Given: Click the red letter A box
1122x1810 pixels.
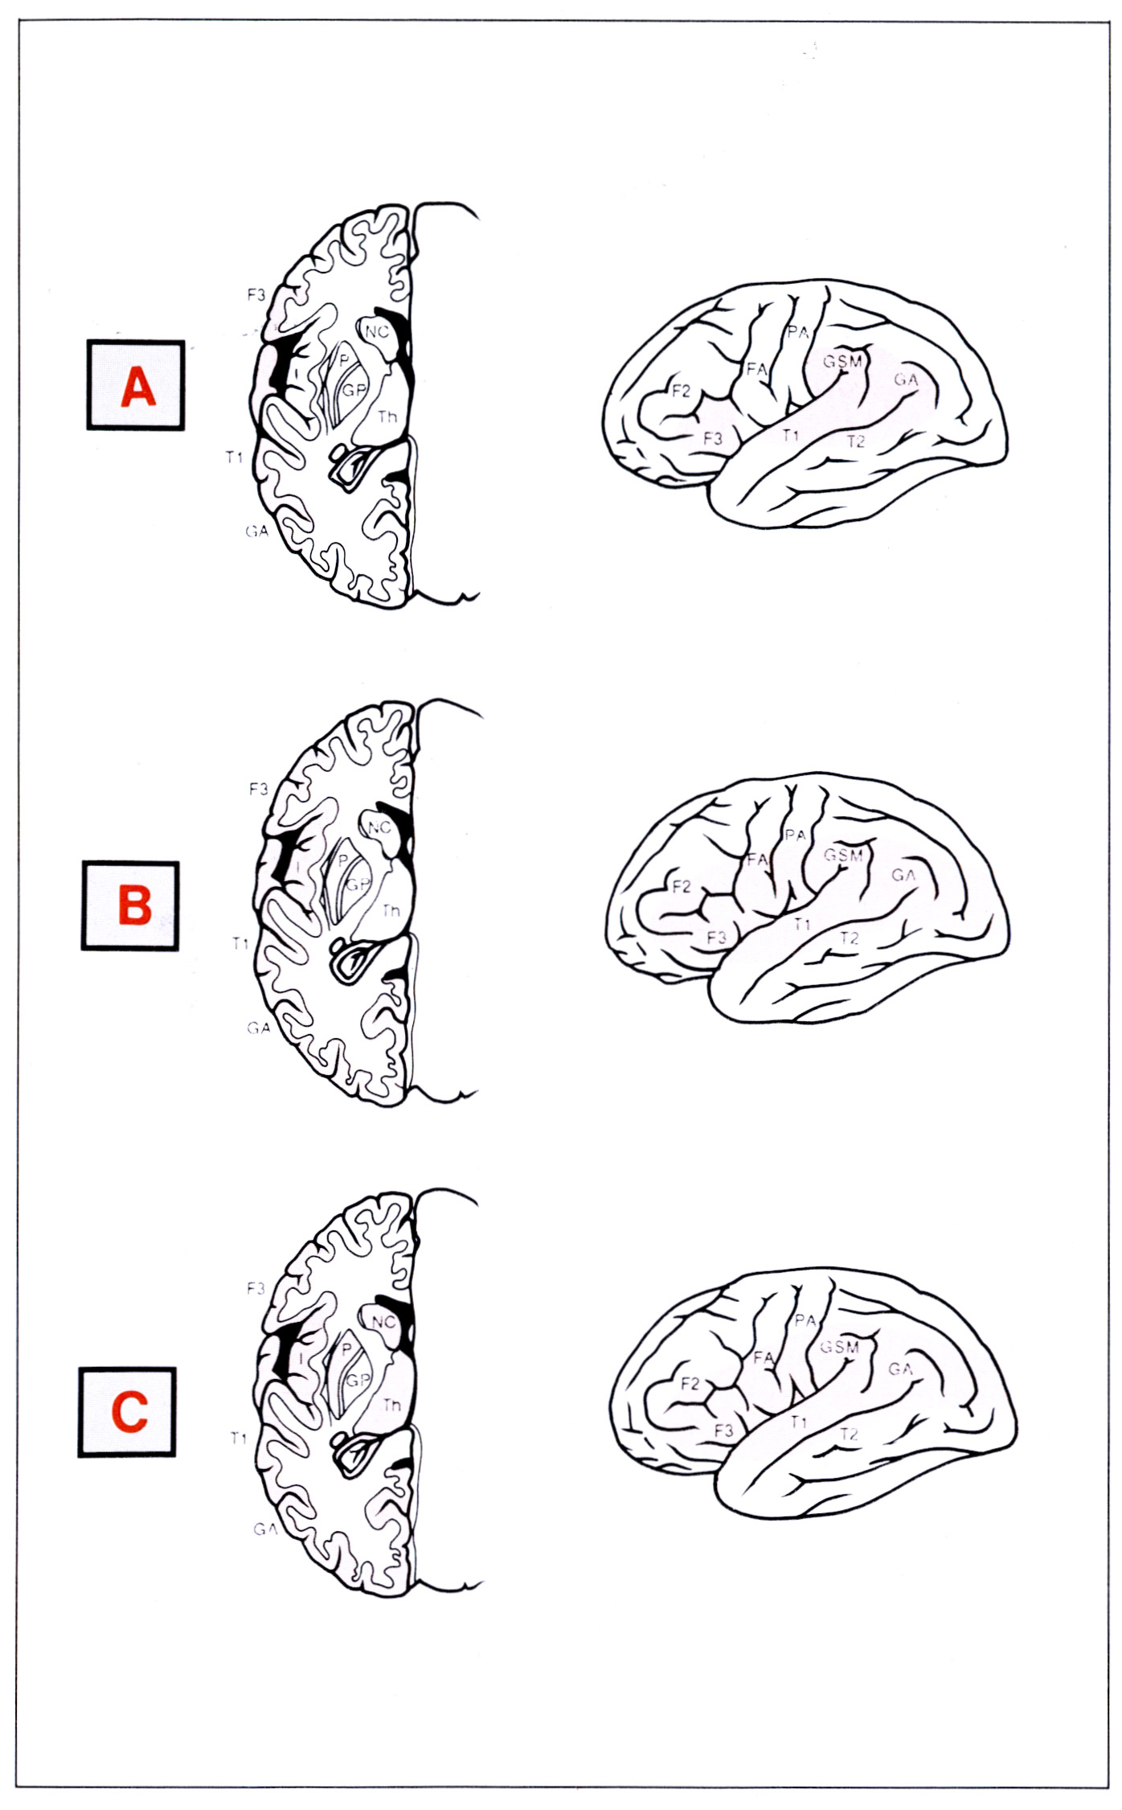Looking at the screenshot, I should coord(136,386).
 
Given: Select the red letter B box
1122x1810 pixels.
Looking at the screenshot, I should coord(131,905).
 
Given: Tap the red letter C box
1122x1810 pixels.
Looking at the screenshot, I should coord(128,1412).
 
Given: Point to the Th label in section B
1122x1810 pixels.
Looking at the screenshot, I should coord(391,911).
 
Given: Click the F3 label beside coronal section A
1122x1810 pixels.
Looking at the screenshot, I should coord(256,294).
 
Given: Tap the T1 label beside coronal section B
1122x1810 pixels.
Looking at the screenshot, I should coord(240,943).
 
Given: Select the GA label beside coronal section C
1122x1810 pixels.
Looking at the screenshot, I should coord(264,1529).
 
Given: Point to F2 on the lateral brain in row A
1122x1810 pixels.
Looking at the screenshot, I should coord(681,392).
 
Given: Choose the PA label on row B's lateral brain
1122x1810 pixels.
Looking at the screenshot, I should coord(795,835).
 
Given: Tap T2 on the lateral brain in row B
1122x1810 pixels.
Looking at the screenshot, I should coord(849,938).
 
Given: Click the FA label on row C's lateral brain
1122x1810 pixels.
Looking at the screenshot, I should coord(764,1357).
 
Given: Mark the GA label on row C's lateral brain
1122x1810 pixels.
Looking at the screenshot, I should coord(900,1368).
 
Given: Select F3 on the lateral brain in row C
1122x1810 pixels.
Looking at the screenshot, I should coord(723,1430).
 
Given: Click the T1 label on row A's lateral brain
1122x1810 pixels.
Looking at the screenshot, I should coord(791,435).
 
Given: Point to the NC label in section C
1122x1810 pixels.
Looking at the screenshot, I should coord(383,1321).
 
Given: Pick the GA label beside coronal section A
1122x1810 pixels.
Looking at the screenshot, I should coord(257,531).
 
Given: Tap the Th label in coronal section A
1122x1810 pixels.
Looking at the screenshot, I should coord(387,417).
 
